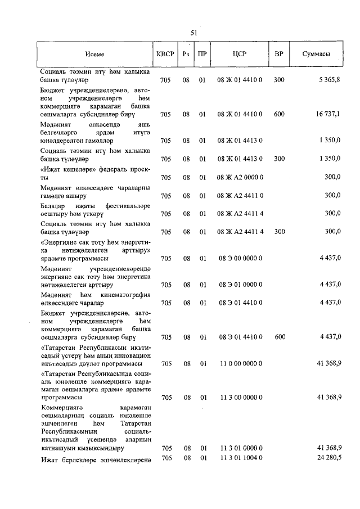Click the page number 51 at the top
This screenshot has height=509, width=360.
coord(193,33)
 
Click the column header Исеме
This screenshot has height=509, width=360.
coord(95,55)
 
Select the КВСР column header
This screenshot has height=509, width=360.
coord(165,55)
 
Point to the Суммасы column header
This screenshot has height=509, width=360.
coord(316,55)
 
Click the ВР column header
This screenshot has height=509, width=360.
coord(278,55)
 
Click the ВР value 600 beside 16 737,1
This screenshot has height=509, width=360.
coord(279,114)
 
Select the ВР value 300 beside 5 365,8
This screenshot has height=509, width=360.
coord(279,81)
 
